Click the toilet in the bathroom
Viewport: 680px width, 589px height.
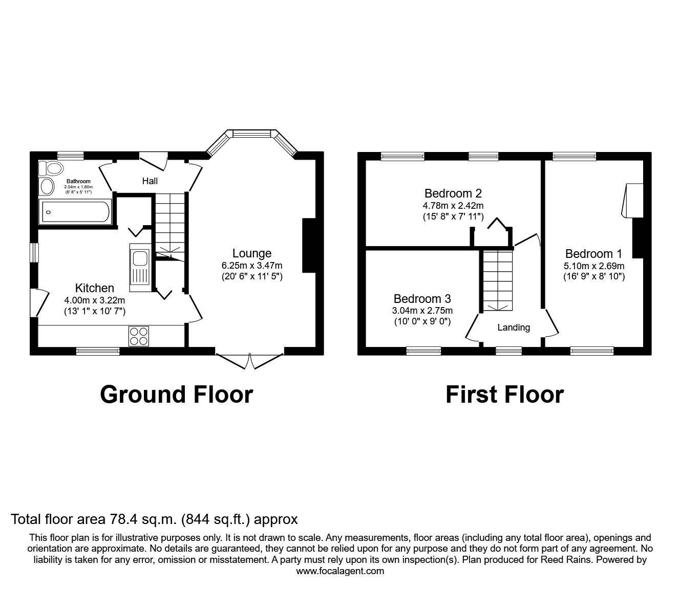(52, 168)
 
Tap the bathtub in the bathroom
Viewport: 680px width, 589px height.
(76, 211)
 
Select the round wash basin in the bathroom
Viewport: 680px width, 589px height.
(47, 187)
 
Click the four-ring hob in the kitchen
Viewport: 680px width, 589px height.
(139, 336)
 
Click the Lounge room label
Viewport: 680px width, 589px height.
(252, 253)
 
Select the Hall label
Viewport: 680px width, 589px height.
(150, 181)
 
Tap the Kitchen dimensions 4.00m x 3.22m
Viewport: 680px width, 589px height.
(95, 300)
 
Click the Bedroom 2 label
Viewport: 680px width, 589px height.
(453, 193)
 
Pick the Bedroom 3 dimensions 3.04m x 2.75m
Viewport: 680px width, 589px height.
(422, 311)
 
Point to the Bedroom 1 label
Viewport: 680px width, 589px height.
(593, 254)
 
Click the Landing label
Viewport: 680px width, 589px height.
(514, 328)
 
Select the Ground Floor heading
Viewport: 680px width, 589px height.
(177, 395)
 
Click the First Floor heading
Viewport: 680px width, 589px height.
(504, 395)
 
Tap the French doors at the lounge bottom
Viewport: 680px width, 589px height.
(249, 360)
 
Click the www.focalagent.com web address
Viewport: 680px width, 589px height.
(340, 571)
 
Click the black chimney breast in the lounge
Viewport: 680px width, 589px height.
(309, 245)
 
